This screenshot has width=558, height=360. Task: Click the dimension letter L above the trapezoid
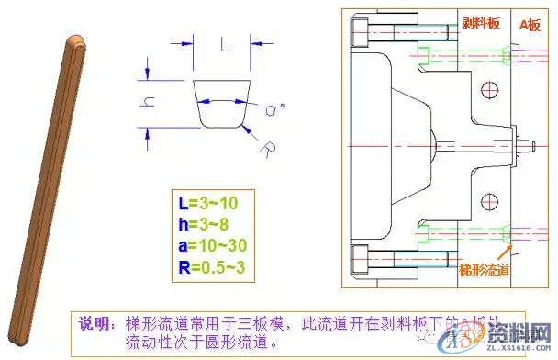pyautogui.click(x=225, y=42)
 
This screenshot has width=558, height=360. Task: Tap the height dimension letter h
pyautogui.click(x=147, y=103)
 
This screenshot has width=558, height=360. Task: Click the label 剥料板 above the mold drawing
pyautogui.click(x=480, y=25)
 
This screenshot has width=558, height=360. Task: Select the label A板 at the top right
pyautogui.click(x=530, y=25)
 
